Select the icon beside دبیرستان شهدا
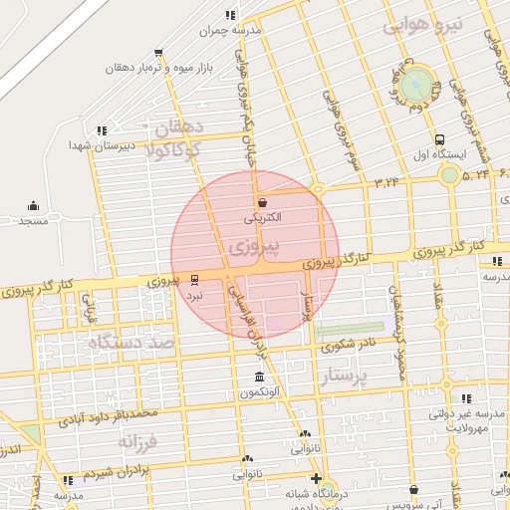point(102,130)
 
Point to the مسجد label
point(33,220)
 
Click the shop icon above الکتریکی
point(262,201)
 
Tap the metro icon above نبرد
point(193,280)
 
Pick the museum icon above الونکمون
point(259,378)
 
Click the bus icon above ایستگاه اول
point(439,139)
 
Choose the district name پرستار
point(347,377)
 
